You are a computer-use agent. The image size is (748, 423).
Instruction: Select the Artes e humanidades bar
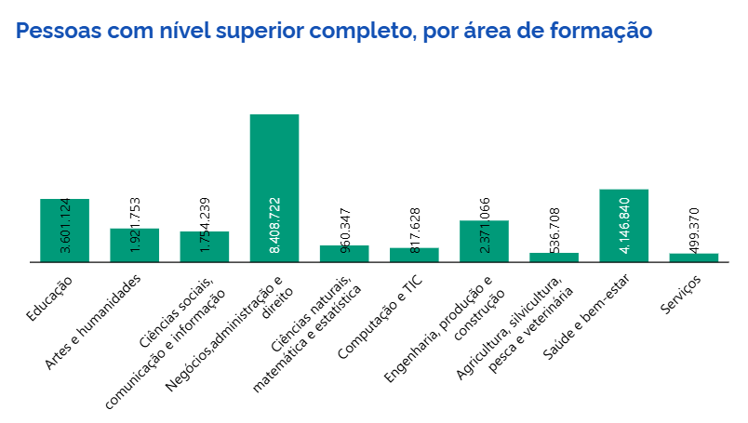[135, 245]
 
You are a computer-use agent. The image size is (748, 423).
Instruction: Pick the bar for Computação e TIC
[414, 256]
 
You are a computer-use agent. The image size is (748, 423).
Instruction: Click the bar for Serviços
[694, 258]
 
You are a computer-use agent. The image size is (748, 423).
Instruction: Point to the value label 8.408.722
[275, 226]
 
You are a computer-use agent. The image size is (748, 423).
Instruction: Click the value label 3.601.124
[65, 226]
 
